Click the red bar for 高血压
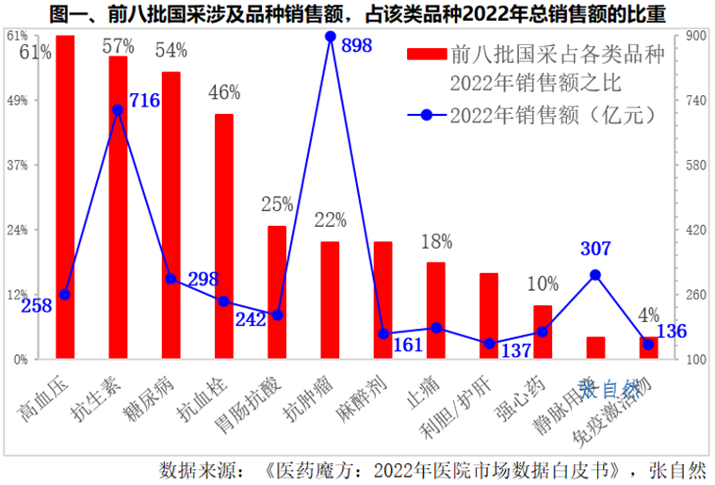[65, 198]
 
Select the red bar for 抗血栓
[224, 235]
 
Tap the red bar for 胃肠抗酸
[277, 292]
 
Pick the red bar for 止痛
[435, 310]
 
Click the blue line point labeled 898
[330, 37]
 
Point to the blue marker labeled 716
[118, 110]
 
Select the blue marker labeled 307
[594, 275]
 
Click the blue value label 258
[36, 306]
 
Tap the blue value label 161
[408, 345]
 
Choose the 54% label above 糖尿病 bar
[171, 50]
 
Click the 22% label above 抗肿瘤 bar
[330, 220]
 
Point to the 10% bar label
[542, 283]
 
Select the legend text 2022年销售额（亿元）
[552, 115]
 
